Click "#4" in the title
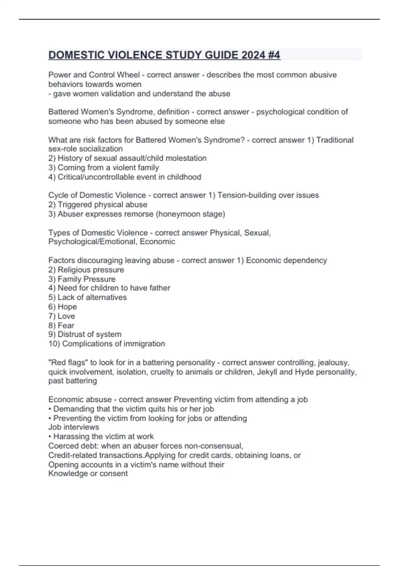(x=273, y=55)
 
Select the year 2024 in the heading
(x=253, y=55)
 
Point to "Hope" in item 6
(x=67, y=307)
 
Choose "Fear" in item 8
(x=66, y=325)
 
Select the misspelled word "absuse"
(x=98, y=400)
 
